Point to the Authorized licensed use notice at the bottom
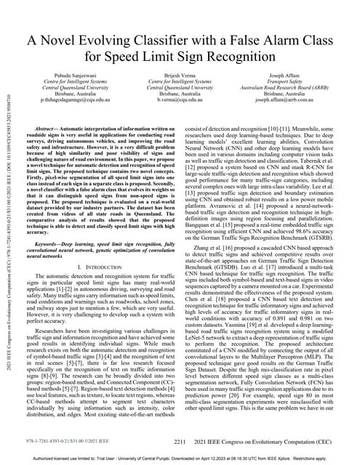pos(180,459)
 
